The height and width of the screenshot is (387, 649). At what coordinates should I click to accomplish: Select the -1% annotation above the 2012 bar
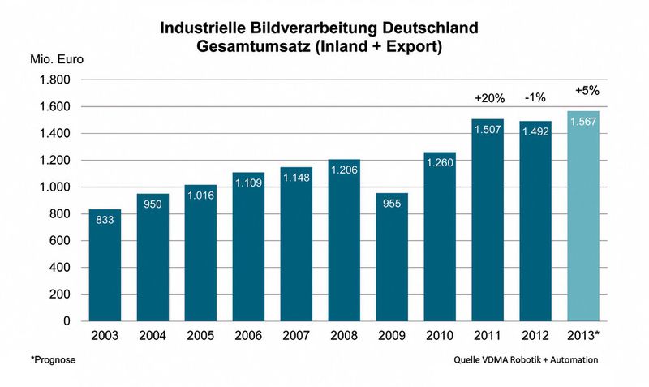point(535,97)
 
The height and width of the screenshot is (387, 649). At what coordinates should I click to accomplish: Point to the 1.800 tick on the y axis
point(55,80)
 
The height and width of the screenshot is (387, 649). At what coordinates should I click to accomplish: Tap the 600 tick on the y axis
point(60,241)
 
